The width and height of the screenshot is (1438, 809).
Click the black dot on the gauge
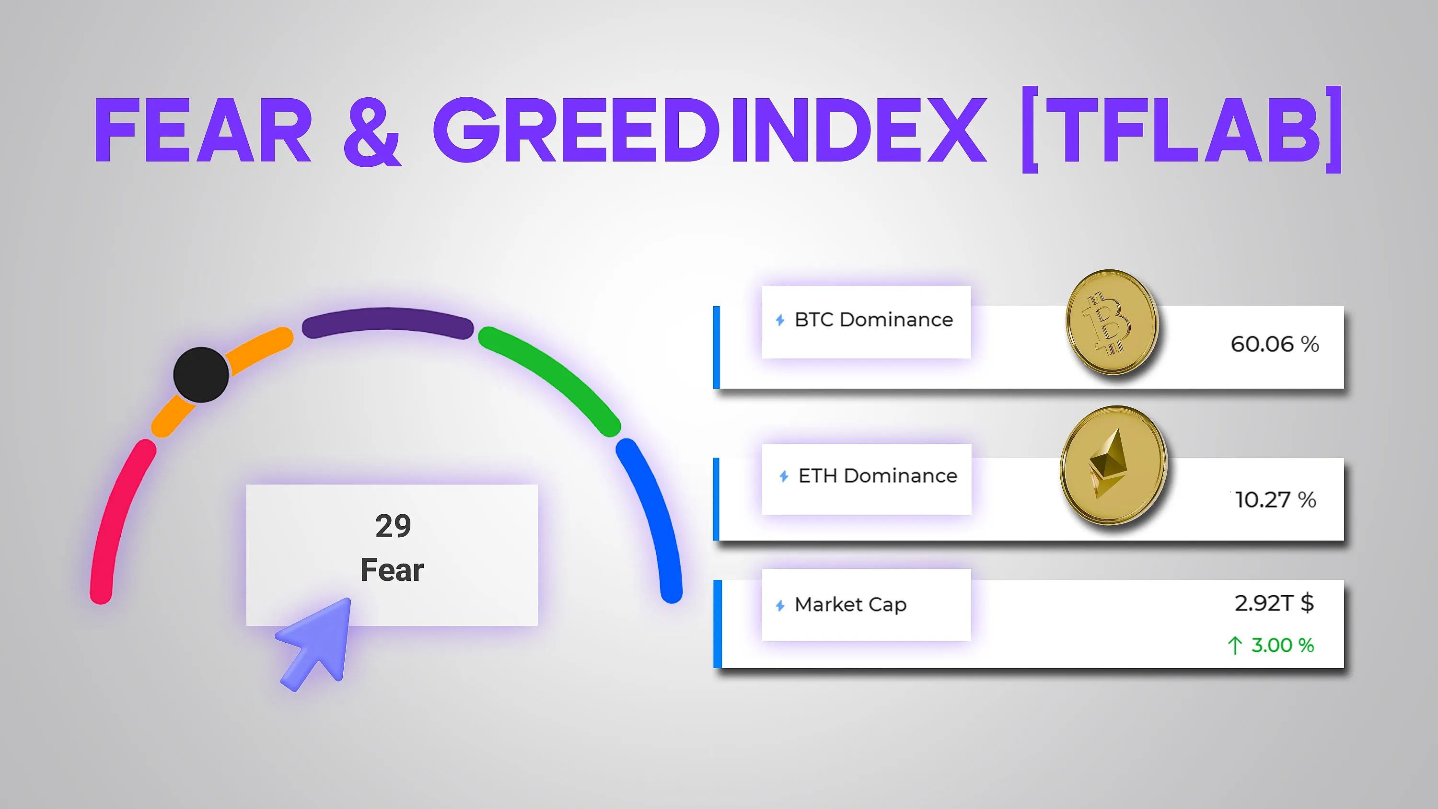click(x=201, y=375)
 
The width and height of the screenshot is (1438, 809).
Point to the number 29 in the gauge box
click(x=393, y=526)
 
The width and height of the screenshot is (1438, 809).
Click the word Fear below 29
click(x=392, y=570)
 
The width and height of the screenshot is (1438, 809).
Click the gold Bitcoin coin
click(x=1112, y=322)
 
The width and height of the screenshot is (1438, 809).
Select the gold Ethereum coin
click(x=1113, y=465)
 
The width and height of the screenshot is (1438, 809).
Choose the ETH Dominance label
click(x=877, y=476)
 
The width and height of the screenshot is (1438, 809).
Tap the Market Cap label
click(x=850, y=605)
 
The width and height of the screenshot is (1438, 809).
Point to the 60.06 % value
click(x=1275, y=344)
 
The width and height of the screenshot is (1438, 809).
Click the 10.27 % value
click(x=1276, y=500)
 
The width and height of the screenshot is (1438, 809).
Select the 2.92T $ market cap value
click(x=1274, y=603)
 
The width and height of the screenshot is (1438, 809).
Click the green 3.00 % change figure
click(x=1282, y=646)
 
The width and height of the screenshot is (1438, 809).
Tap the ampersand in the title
click(x=372, y=131)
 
